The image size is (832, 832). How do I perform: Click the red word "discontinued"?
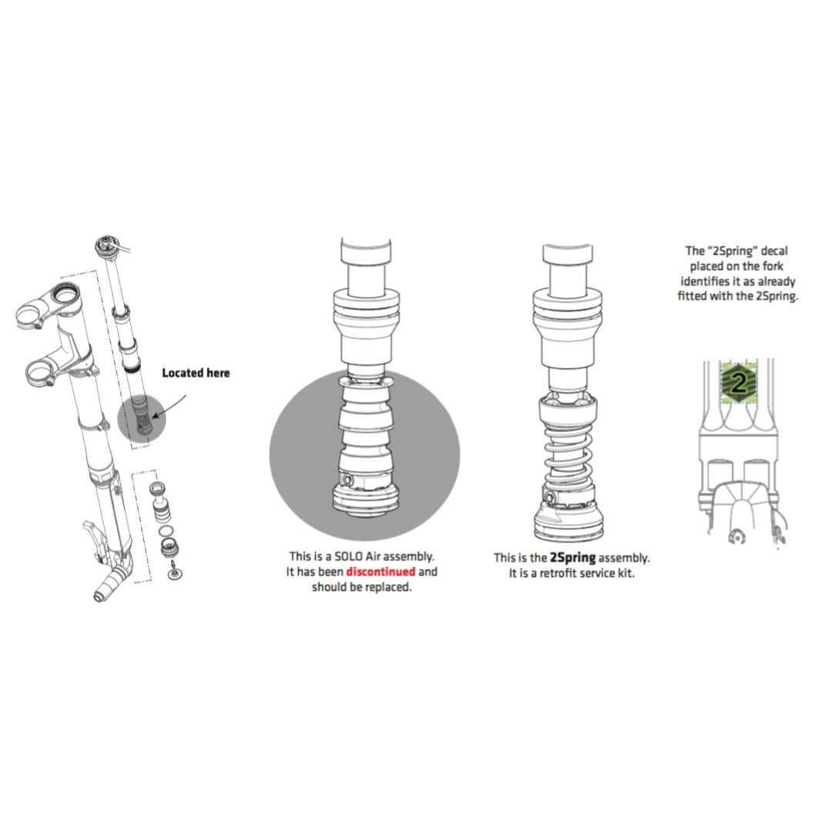click(381, 572)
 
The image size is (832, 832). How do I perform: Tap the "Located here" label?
click(196, 373)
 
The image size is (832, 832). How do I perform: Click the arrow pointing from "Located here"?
click(169, 406)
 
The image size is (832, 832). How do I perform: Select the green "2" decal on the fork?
click(739, 381)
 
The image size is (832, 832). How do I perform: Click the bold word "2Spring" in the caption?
click(572, 558)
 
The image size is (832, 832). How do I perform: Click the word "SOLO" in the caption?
click(349, 556)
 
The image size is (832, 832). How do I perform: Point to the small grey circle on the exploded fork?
click(142, 418)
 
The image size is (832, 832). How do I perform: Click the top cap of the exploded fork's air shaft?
click(106, 247)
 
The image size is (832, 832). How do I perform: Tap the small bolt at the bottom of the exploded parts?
click(173, 572)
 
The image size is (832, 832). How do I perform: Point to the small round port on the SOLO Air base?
click(347, 480)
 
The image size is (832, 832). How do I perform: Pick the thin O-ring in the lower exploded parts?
click(166, 531)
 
